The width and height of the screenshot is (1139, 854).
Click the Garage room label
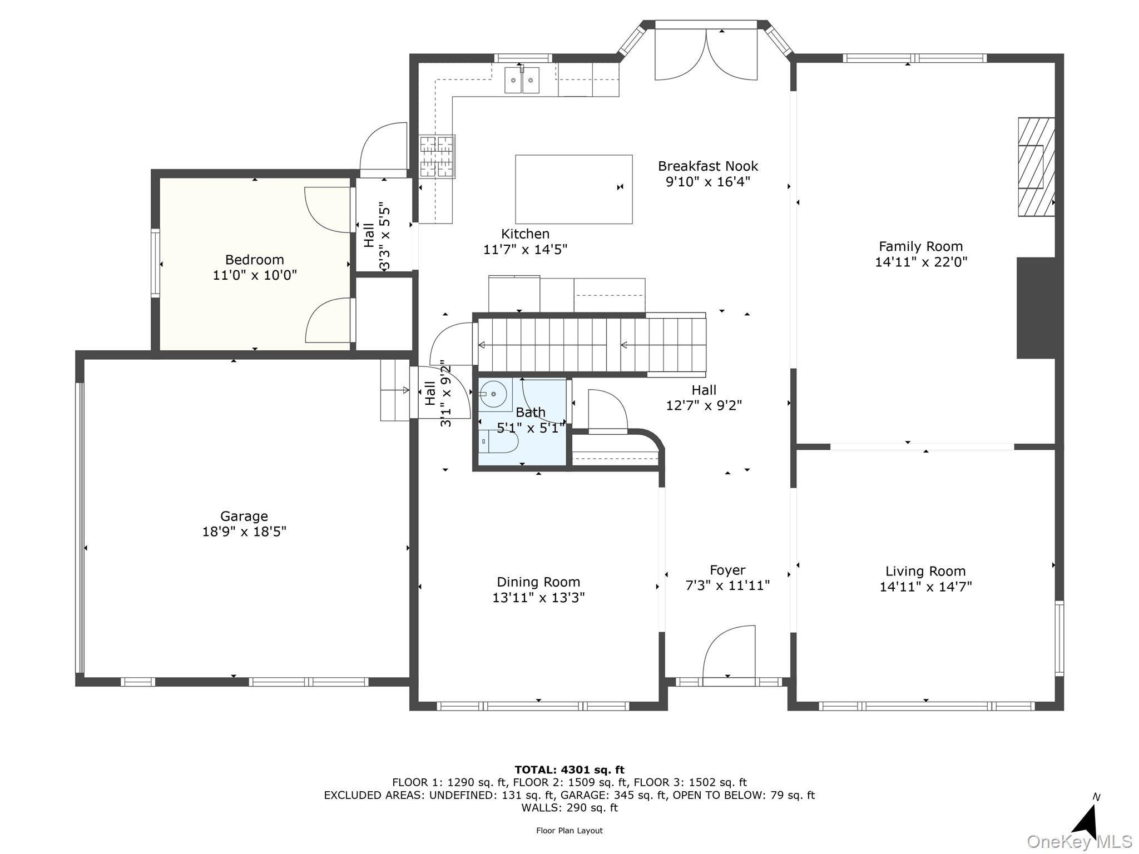click(x=244, y=516)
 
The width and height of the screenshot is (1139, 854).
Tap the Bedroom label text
click(x=255, y=260)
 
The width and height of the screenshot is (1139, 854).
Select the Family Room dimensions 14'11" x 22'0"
click(x=921, y=262)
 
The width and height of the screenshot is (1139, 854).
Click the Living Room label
click(x=925, y=571)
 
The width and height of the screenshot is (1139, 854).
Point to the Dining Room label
click(x=538, y=582)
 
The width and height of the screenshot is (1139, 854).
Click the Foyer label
click(x=727, y=570)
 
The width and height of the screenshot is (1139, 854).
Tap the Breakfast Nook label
click(x=708, y=166)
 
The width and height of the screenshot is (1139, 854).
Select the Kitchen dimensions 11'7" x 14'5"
click(x=525, y=250)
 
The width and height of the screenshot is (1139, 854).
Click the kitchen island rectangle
click(x=574, y=189)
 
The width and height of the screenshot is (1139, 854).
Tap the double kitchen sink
click(x=522, y=80)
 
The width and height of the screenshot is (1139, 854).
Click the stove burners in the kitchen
click(x=437, y=156)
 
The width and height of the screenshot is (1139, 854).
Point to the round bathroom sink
click(x=493, y=394)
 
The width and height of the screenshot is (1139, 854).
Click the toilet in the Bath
click(x=499, y=441)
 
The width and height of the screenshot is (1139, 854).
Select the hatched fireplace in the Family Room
click(x=1036, y=167)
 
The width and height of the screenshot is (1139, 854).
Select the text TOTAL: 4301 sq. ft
click(x=569, y=769)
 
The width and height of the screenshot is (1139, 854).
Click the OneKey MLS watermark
click(x=1079, y=842)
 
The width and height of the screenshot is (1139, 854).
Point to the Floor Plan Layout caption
click(x=569, y=831)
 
